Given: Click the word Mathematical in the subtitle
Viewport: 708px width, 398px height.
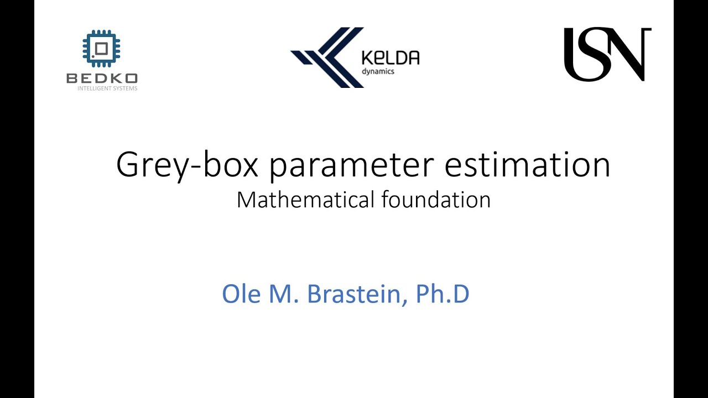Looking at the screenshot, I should (306, 200).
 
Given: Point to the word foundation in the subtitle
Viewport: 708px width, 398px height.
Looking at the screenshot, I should (436, 200).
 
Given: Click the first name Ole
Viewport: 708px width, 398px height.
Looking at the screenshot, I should (242, 294).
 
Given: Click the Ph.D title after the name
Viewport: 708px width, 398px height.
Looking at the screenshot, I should (442, 294).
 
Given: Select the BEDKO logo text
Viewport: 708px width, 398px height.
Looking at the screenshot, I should (102, 78).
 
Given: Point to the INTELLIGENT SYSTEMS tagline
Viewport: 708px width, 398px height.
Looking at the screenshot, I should (107, 88).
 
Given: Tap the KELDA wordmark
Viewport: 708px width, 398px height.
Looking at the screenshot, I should (389, 57).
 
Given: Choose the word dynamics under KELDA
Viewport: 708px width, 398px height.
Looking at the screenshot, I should (378, 71).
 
